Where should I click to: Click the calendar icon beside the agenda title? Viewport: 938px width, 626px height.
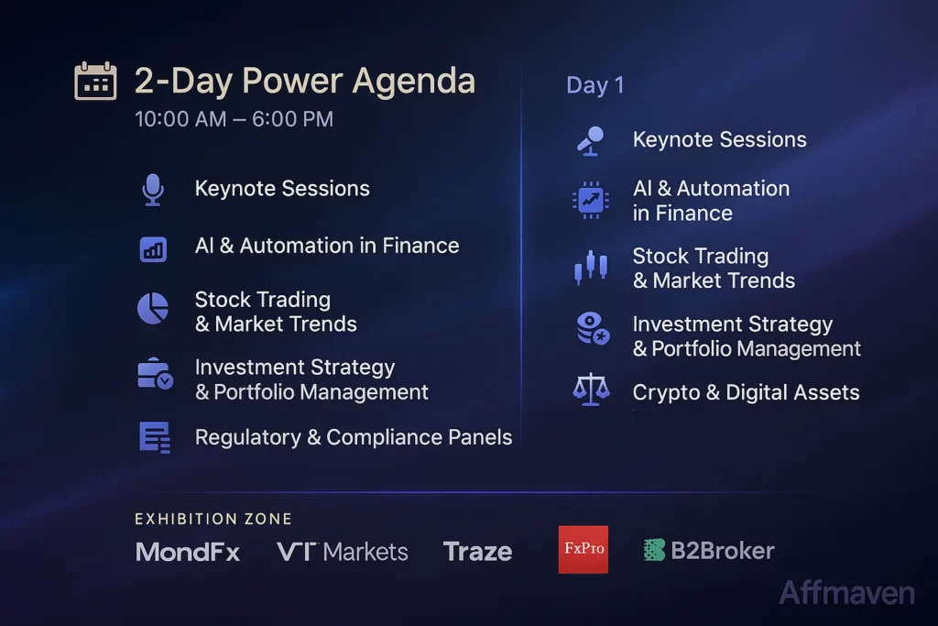[x=95, y=81]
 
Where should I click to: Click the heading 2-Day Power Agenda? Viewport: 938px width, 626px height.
[x=304, y=81]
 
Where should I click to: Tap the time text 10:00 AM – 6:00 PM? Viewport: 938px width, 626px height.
[x=234, y=119]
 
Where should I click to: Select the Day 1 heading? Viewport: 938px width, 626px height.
[x=594, y=85]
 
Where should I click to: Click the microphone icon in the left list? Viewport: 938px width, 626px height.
[x=152, y=190]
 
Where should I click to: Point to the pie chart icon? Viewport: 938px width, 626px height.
[x=152, y=308]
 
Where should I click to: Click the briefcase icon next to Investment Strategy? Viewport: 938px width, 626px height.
[x=154, y=374]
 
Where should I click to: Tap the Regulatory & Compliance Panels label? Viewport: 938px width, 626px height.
[x=353, y=437]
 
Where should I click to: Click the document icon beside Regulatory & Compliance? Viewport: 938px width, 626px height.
[x=154, y=437]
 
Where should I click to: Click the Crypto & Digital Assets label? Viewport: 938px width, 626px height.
[x=746, y=393]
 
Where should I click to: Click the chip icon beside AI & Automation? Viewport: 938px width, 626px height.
[x=590, y=199]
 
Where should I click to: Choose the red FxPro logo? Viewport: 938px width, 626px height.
[x=583, y=550]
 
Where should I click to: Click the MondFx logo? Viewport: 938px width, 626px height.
[x=188, y=552]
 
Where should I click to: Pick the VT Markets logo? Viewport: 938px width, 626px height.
[x=342, y=552]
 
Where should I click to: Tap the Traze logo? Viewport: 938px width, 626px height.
[x=477, y=552]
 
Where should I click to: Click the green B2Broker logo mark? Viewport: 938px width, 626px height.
[x=654, y=550]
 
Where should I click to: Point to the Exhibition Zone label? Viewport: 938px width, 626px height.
[x=213, y=519]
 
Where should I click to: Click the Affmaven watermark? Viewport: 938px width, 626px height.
[x=846, y=593]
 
